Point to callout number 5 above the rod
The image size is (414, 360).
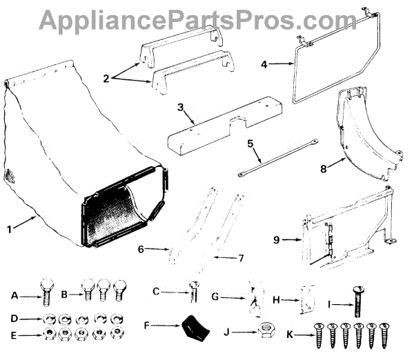251,145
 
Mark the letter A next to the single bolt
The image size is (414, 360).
14,296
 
